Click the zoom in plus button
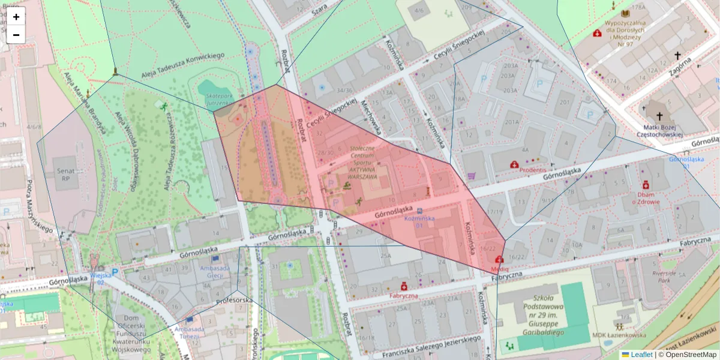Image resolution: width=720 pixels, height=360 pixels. click(16, 17)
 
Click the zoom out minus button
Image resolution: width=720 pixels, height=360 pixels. click(16, 35)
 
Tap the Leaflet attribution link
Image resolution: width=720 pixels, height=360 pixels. click(641, 355)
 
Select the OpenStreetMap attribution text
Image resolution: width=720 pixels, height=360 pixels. click(690, 355)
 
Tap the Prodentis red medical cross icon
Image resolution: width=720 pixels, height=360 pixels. click(514, 164)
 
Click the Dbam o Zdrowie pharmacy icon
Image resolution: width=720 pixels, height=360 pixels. click(646, 185)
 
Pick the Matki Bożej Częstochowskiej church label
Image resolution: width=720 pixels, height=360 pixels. click(659, 130)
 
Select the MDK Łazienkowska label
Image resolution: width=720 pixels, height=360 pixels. click(619, 335)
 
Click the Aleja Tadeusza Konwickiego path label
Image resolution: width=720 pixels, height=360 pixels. click(183, 65)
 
